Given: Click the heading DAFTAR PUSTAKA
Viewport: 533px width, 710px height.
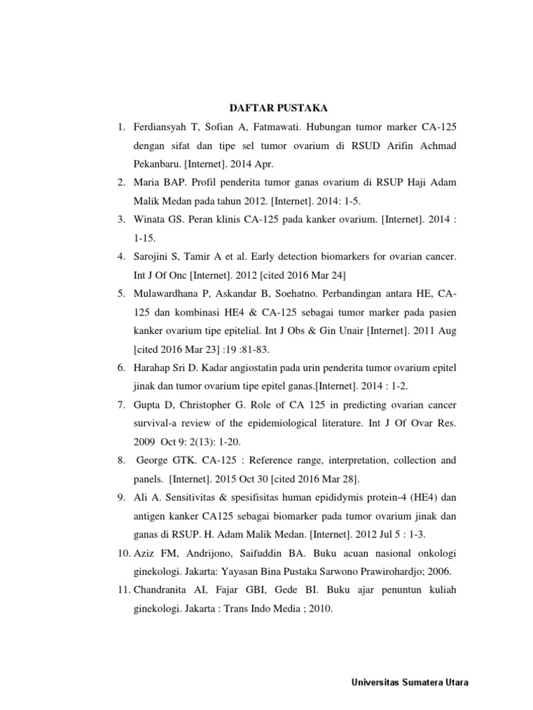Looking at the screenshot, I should pos(279,108).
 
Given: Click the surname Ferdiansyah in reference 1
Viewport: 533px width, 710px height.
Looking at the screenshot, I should pos(162,128).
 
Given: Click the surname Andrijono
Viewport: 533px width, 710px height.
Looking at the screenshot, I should pos(200,553).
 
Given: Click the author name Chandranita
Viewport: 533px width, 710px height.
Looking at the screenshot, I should pos(165,590).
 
